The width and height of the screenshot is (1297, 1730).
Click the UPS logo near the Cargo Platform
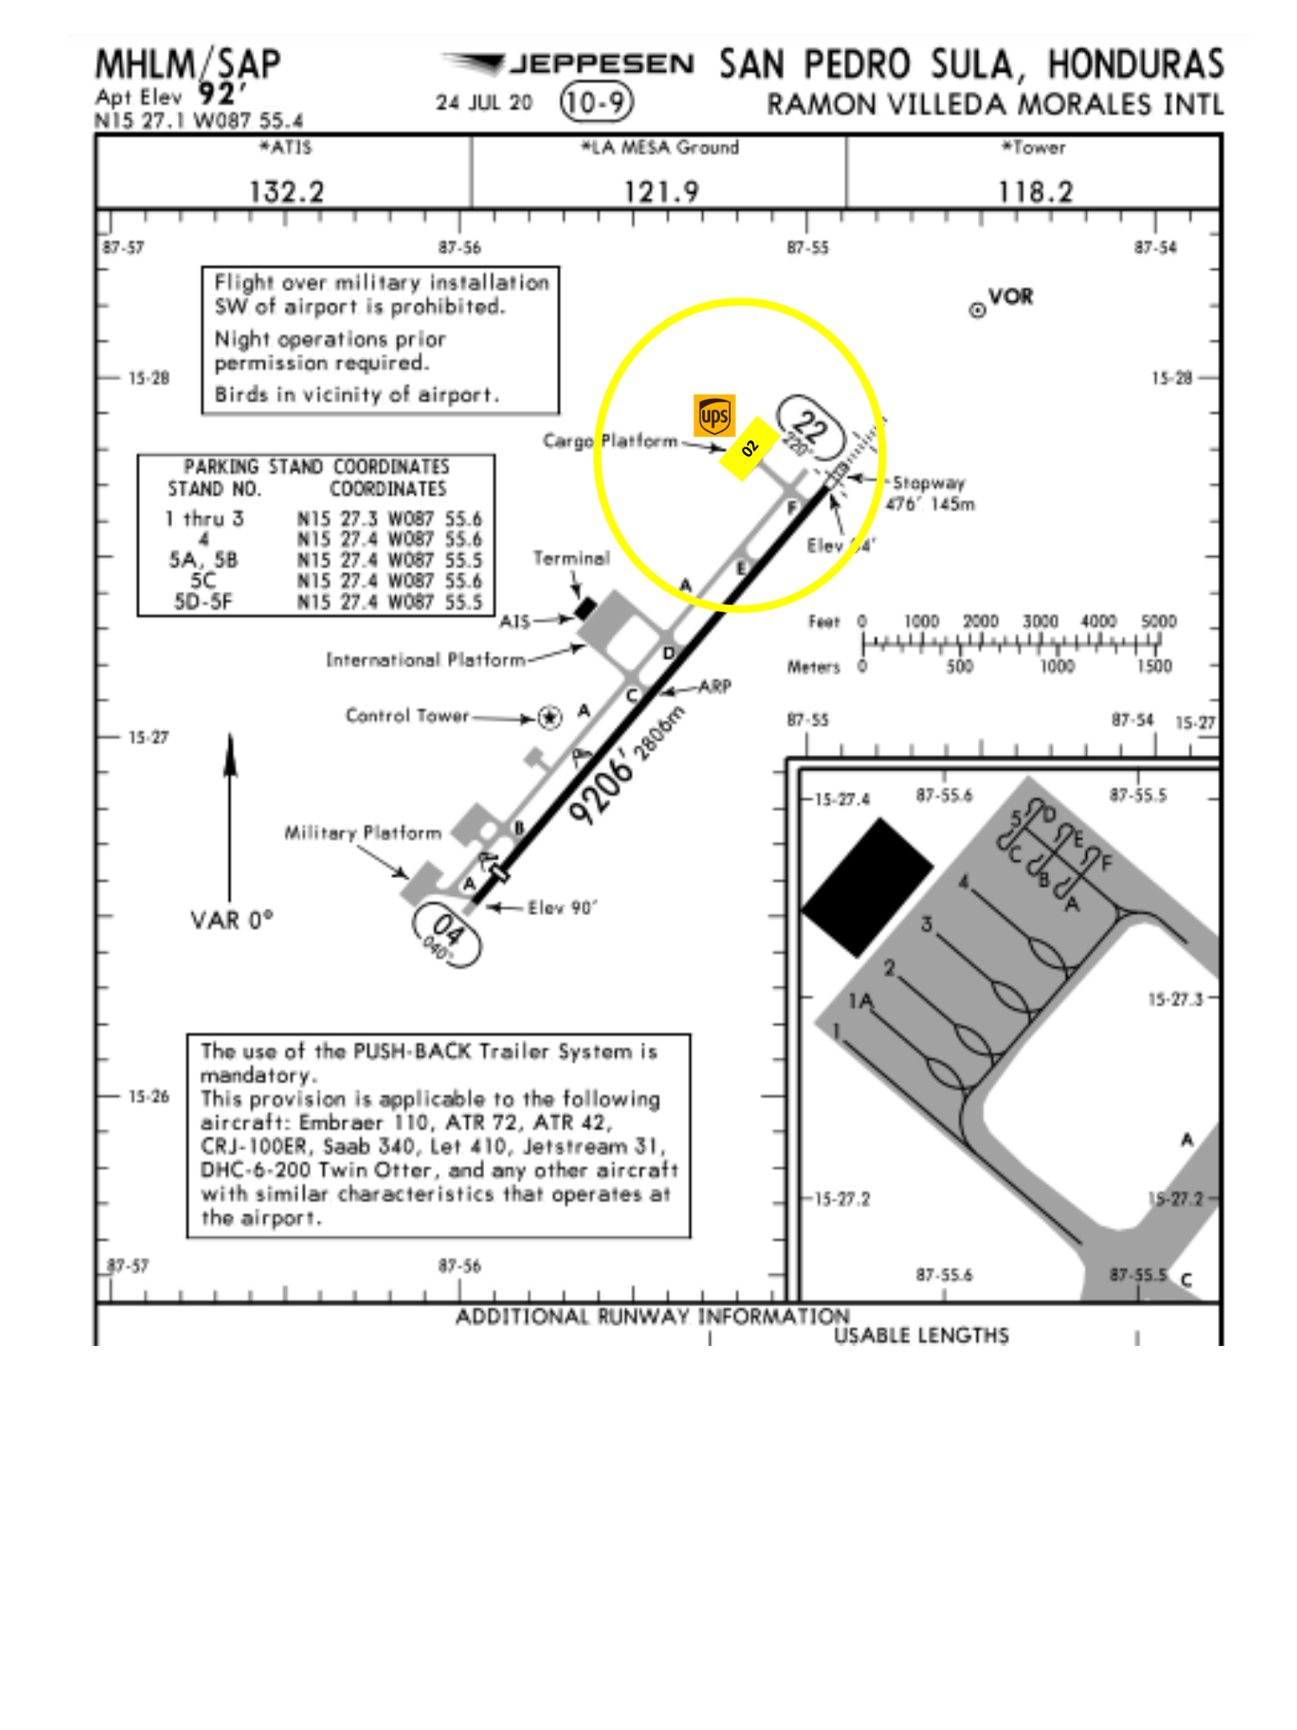(x=714, y=416)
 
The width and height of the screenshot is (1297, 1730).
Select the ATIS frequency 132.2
(x=286, y=191)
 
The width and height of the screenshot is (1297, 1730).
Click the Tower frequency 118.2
(x=1035, y=191)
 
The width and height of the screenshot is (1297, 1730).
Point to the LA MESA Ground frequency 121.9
(x=661, y=191)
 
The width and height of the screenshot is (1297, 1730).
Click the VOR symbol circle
(x=977, y=310)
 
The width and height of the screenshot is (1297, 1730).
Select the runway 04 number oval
(x=447, y=934)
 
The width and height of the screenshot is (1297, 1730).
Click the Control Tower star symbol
(x=549, y=717)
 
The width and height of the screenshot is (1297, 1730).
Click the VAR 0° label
(x=231, y=919)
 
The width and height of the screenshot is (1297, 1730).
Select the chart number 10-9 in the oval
(x=596, y=102)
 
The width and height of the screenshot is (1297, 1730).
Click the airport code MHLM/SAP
(x=188, y=65)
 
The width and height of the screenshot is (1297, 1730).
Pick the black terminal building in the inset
(x=866, y=887)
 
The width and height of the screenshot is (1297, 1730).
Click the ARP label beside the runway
(x=715, y=687)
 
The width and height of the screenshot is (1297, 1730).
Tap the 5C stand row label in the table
(x=203, y=580)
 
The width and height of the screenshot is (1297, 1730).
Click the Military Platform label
(x=362, y=833)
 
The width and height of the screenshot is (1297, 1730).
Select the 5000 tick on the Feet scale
(x=1159, y=622)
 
